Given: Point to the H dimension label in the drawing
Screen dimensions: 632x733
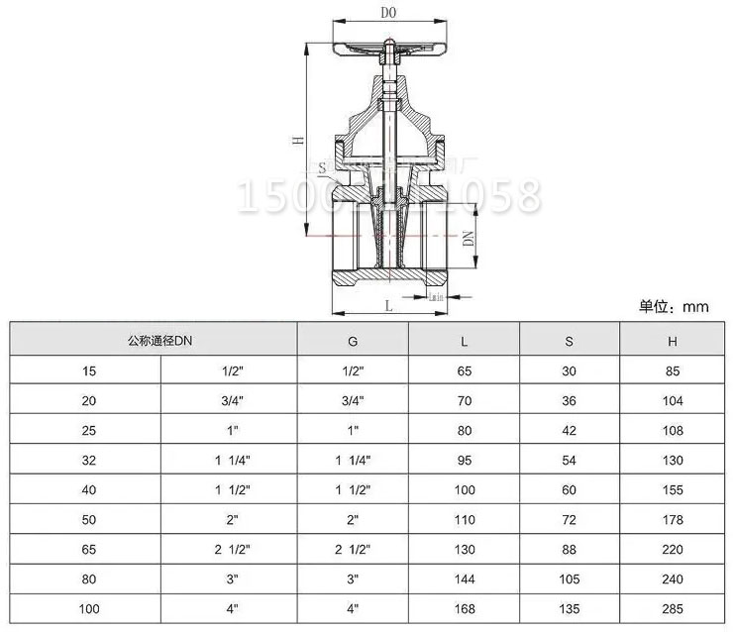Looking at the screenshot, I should [297, 141].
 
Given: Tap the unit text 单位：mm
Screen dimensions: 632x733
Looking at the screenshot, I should [675, 307].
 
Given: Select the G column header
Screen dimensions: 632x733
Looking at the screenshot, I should [353, 341].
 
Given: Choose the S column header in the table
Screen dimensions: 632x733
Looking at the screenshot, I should [568, 341].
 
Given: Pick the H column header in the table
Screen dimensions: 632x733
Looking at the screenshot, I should [672, 341].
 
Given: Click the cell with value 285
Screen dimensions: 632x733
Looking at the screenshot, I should [672, 608].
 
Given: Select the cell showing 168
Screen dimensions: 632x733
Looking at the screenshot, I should [465, 608].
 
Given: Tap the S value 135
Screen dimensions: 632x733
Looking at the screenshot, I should [568, 608].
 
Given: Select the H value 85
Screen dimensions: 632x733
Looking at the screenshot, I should [672, 370].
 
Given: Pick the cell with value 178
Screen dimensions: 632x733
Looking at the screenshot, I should [672, 519].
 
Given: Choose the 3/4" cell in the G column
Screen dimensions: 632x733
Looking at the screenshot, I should [353, 400].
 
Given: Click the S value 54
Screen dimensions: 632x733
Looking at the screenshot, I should [568, 460].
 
